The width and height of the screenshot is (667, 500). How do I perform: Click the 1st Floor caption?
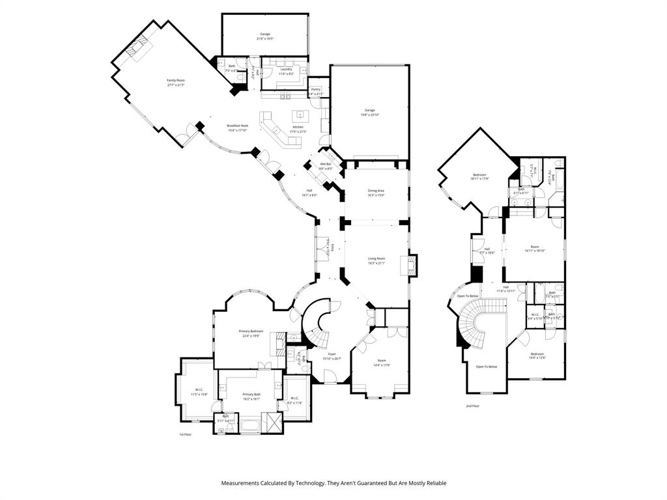pos(186,434)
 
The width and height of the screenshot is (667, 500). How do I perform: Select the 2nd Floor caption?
pos(472,406)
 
